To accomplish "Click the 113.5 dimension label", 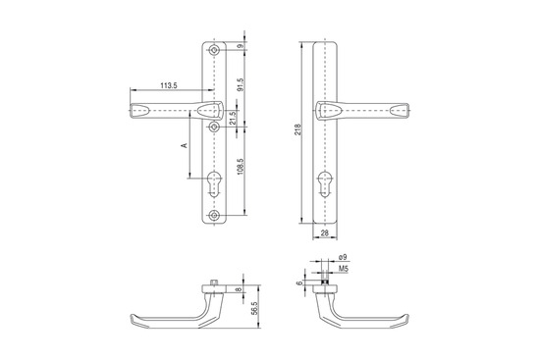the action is point(169,86).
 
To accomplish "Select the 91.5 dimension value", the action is point(241,84).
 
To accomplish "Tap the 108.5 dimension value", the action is point(241,166).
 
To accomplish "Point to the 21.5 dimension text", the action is point(233,118).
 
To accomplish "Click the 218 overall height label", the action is point(298,129).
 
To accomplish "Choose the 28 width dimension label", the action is point(325,232).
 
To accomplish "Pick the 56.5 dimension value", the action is point(254,309).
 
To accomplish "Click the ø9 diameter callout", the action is point(343,257).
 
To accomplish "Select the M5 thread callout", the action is point(344,269).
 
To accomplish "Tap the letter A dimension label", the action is point(185,145).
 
